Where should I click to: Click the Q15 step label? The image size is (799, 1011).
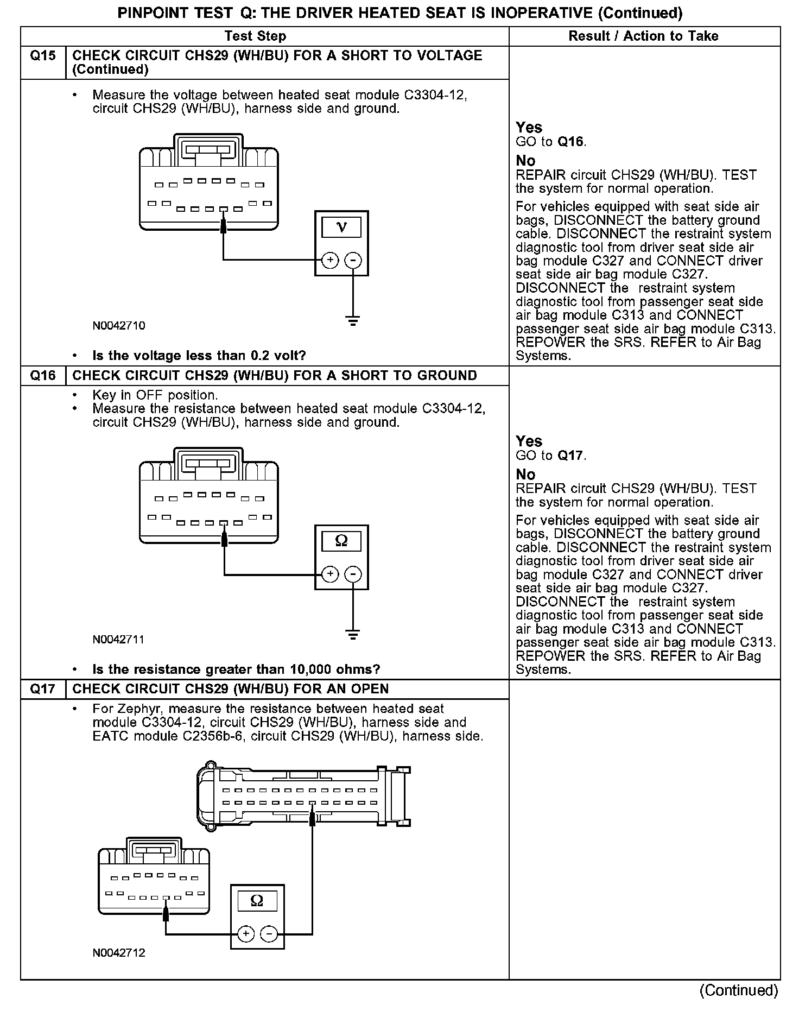click(43, 56)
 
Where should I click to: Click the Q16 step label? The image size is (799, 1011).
click(43, 376)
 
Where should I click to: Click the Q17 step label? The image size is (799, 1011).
click(43, 689)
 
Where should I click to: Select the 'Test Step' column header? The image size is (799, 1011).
click(255, 36)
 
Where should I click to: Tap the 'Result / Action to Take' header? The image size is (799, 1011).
click(643, 36)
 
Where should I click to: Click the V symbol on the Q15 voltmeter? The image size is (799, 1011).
click(341, 226)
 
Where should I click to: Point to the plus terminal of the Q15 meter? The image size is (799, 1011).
click(330, 260)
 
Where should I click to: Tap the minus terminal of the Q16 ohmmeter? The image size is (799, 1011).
click(353, 574)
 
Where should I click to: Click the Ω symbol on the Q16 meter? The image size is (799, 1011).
click(341, 541)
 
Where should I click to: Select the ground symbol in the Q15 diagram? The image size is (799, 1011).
click(353, 320)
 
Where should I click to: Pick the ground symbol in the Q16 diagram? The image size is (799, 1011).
click(353, 634)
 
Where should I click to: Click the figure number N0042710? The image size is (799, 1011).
click(119, 326)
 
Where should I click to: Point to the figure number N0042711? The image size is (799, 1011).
click(119, 640)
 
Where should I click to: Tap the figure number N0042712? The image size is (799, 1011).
click(119, 953)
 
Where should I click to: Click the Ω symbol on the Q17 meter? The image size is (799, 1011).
click(257, 901)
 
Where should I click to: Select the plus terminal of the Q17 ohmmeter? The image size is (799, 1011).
click(246, 934)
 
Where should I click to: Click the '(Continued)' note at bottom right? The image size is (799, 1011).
click(739, 990)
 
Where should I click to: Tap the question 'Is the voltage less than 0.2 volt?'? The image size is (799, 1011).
click(199, 356)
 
